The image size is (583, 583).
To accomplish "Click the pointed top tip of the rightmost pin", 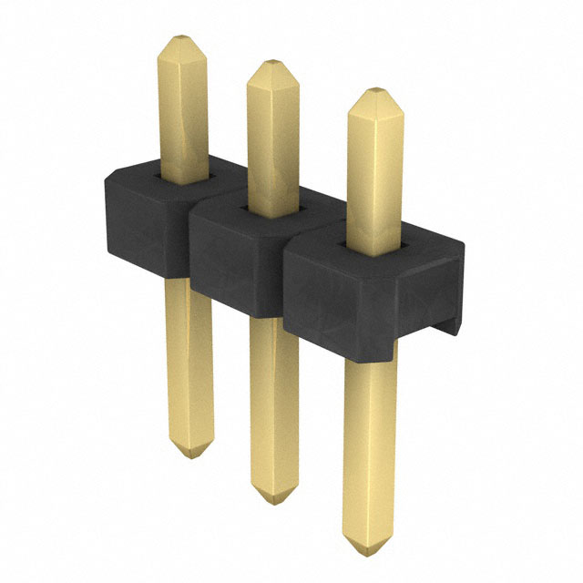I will [374, 91].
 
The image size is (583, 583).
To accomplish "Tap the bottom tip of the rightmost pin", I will [371, 547].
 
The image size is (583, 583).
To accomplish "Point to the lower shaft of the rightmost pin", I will [371, 446].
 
